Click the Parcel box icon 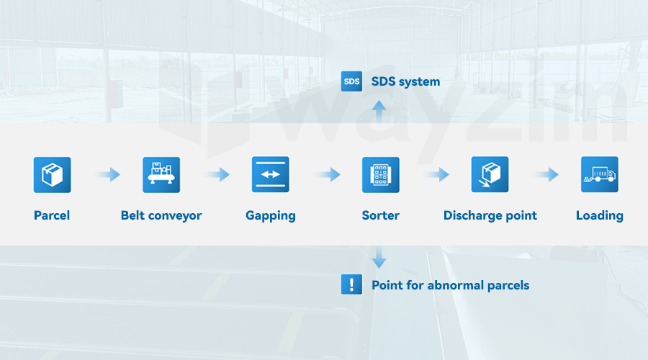click(x=52, y=174)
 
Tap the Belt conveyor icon click(x=161, y=174)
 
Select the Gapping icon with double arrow click(x=271, y=174)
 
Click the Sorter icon click(x=380, y=174)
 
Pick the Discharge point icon click(x=490, y=174)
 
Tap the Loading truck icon click(x=599, y=174)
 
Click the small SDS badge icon click(x=351, y=81)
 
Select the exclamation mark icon click(x=351, y=285)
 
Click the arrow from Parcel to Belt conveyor click(x=107, y=174)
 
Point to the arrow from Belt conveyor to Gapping click(x=216, y=174)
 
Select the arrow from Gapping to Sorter click(x=326, y=174)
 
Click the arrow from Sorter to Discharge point click(x=436, y=174)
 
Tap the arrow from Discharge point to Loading click(x=545, y=174)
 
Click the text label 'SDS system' click(x=405, y=81)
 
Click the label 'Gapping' click(x=271, y=215)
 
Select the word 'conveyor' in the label click(x=176, y=215)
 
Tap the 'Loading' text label click(x=599, y=215)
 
